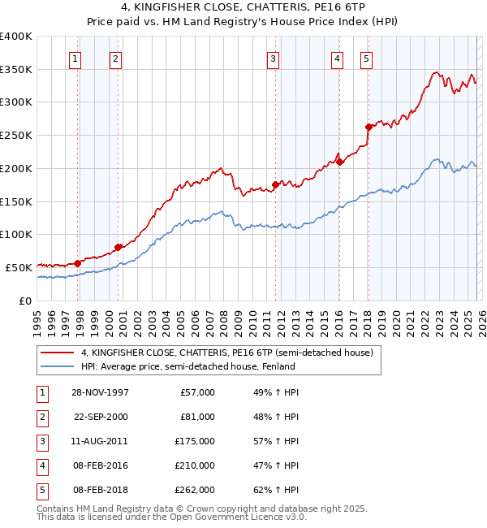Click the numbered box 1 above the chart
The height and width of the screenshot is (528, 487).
[75, 58]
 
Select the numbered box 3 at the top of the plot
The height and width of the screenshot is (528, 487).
[273, 58]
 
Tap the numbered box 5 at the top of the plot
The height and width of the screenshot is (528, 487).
[366, 58]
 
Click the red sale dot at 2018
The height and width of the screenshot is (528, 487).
[368, 127]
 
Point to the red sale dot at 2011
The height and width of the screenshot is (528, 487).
[275, 184]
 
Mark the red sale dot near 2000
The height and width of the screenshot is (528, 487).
[119, 247]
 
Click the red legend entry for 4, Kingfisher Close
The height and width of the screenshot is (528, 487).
[226, 353]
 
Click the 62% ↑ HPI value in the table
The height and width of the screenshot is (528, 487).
[275, 490]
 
